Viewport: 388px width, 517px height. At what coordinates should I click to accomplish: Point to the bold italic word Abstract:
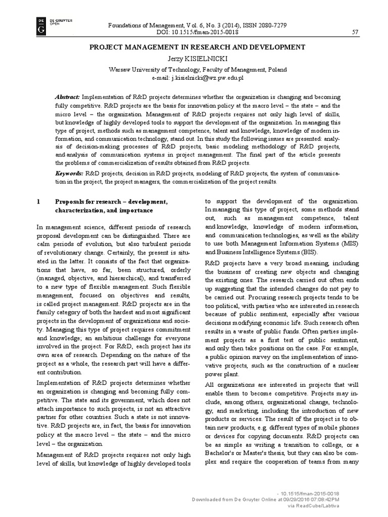pos(67,97)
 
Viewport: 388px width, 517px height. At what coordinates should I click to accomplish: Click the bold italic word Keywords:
pos(69,173)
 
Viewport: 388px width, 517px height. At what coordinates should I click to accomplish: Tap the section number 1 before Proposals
pos(38,202)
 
